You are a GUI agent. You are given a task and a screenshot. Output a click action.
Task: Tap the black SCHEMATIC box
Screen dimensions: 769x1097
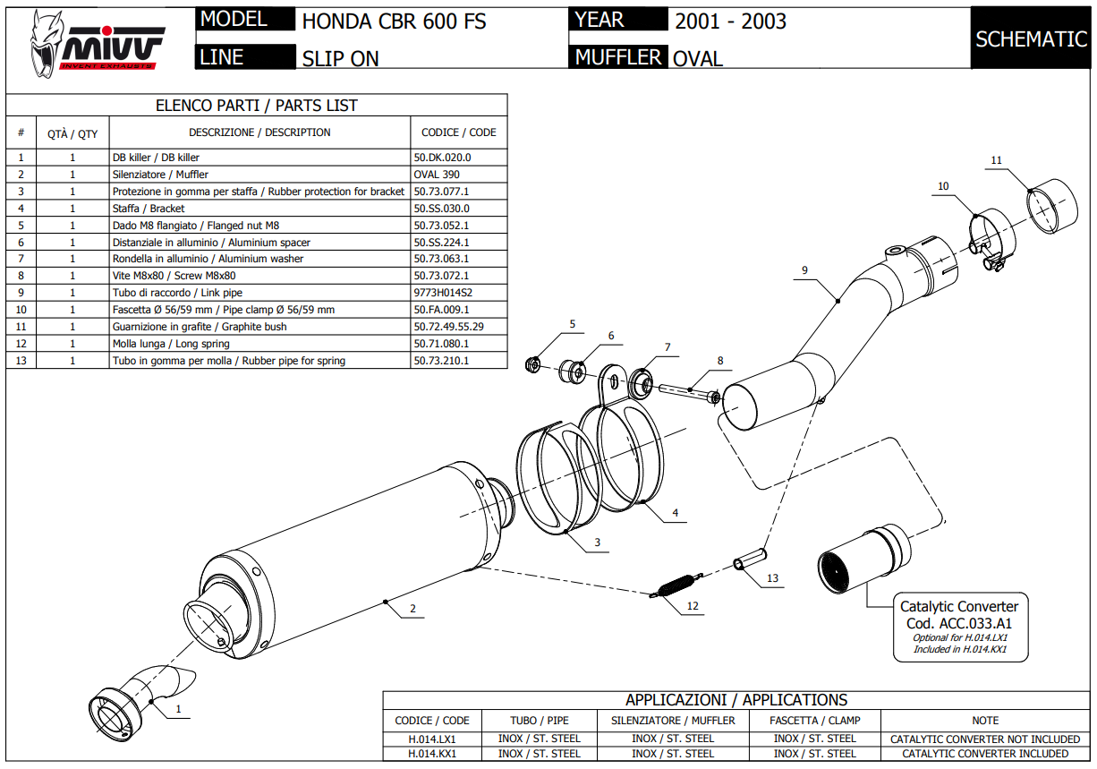click(1031, 39)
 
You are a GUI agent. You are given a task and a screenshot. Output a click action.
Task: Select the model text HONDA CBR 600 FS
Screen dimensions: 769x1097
click(394, 21)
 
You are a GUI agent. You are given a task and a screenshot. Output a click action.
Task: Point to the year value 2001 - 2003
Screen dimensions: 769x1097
click(730, 21)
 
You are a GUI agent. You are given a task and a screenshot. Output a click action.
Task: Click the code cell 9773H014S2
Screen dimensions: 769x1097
click(443, 293)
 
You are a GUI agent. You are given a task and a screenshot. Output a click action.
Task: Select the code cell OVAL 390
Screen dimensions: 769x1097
click(437, 175)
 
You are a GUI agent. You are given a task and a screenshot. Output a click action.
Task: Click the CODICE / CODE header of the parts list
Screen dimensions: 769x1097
click(458, 132)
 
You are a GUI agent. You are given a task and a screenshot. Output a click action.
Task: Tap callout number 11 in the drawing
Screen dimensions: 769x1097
click(997, 161)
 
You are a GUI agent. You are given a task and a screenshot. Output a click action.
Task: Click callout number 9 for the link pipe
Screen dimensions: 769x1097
click(804, 269)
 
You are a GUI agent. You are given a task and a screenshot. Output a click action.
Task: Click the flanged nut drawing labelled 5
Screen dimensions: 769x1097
click(532, 363)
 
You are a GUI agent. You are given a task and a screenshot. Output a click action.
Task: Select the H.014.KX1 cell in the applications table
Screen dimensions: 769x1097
click(432, 753)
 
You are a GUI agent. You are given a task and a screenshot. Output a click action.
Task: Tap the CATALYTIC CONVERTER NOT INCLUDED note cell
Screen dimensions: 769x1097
click(985, 739)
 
